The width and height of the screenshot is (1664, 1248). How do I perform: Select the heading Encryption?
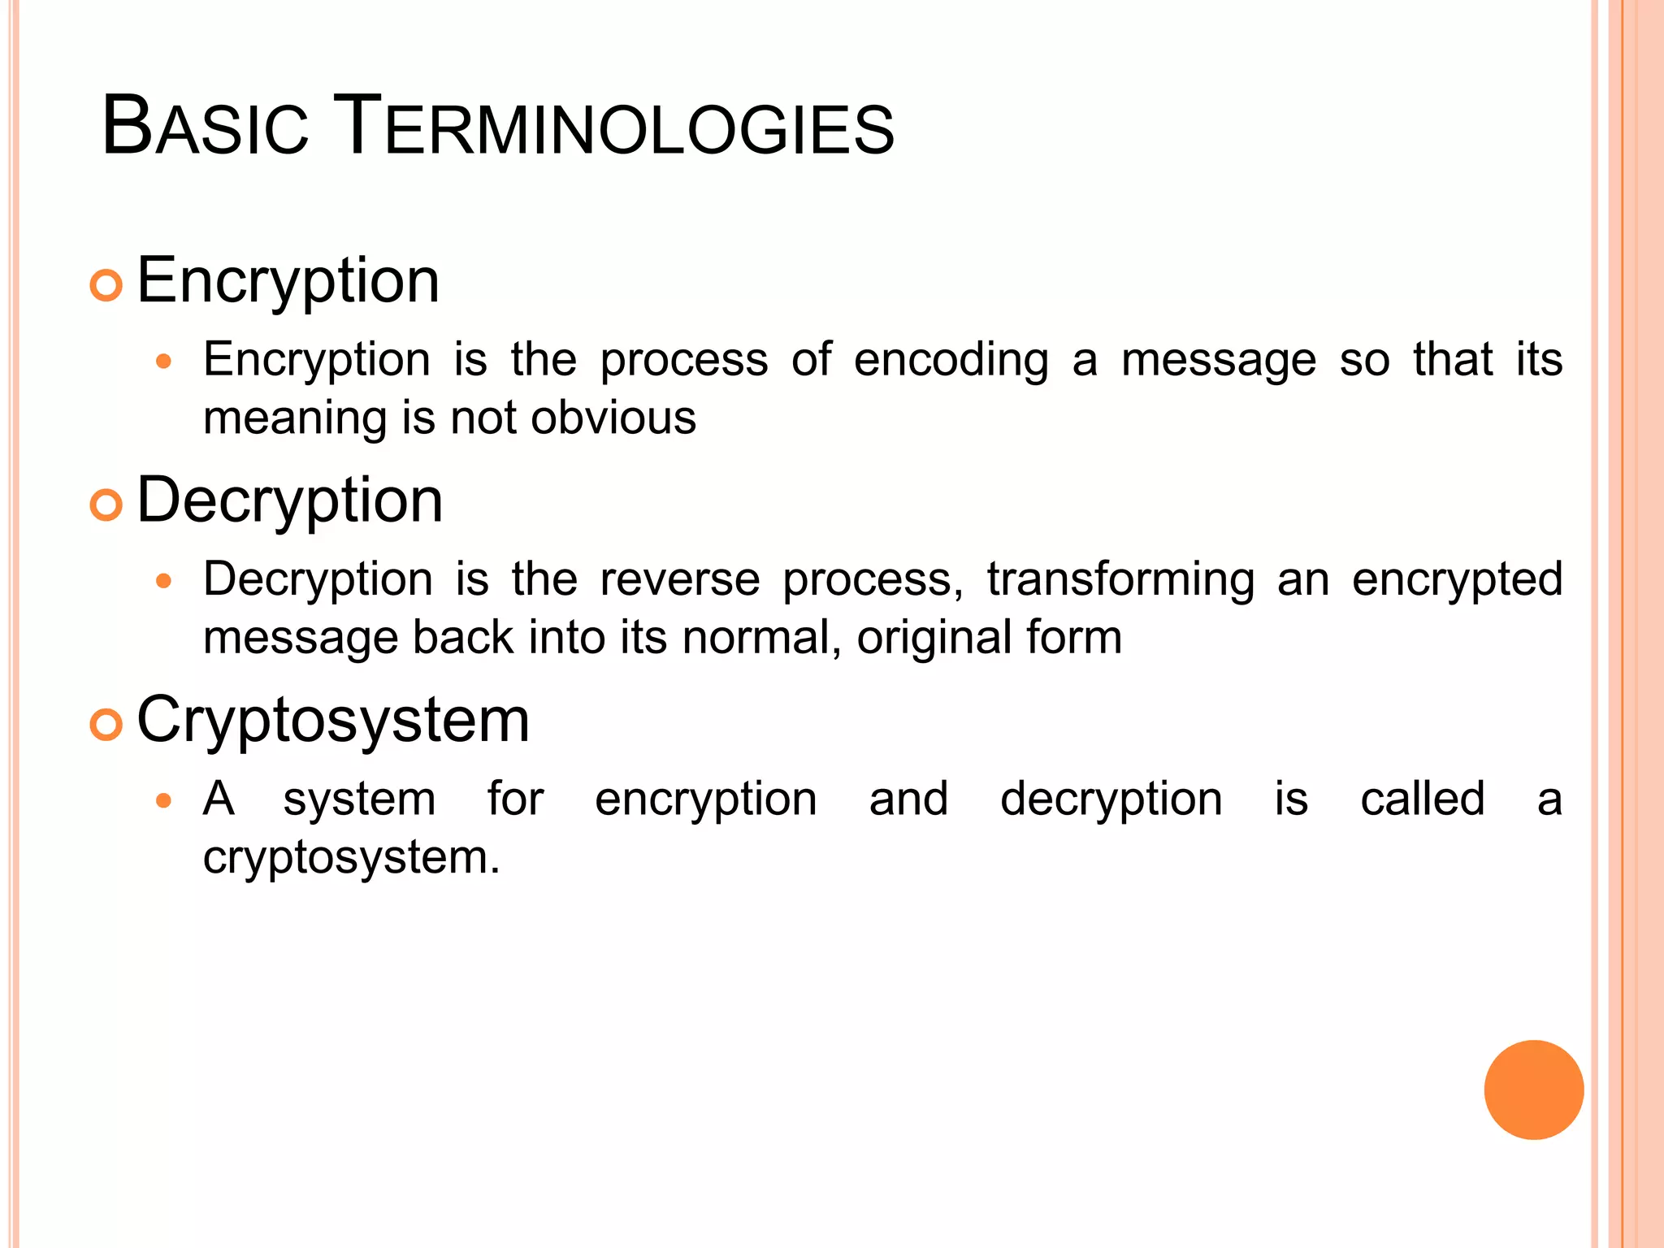click(288, 281)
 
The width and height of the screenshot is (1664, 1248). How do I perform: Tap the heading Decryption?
click(290, 500)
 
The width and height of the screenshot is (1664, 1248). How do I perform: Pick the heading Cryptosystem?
click(333, 721)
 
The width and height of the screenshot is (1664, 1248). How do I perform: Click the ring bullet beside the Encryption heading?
click(106, 286)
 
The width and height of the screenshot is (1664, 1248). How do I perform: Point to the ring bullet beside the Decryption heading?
click(106, 505)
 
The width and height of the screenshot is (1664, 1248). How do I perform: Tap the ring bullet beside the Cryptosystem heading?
click(106, 725)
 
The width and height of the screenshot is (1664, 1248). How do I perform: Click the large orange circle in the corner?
click(1533, 1090)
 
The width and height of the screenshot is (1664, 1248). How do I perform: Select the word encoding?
click(951, 361)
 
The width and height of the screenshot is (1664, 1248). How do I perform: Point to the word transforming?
click(1120, 580)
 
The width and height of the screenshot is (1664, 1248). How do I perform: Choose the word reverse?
click(680, 580)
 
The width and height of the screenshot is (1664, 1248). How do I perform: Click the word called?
click(1422, 799)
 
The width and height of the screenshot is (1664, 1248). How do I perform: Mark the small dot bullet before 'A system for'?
click(164, 801)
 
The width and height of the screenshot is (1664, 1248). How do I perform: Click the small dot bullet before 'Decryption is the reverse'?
click(164, 582)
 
